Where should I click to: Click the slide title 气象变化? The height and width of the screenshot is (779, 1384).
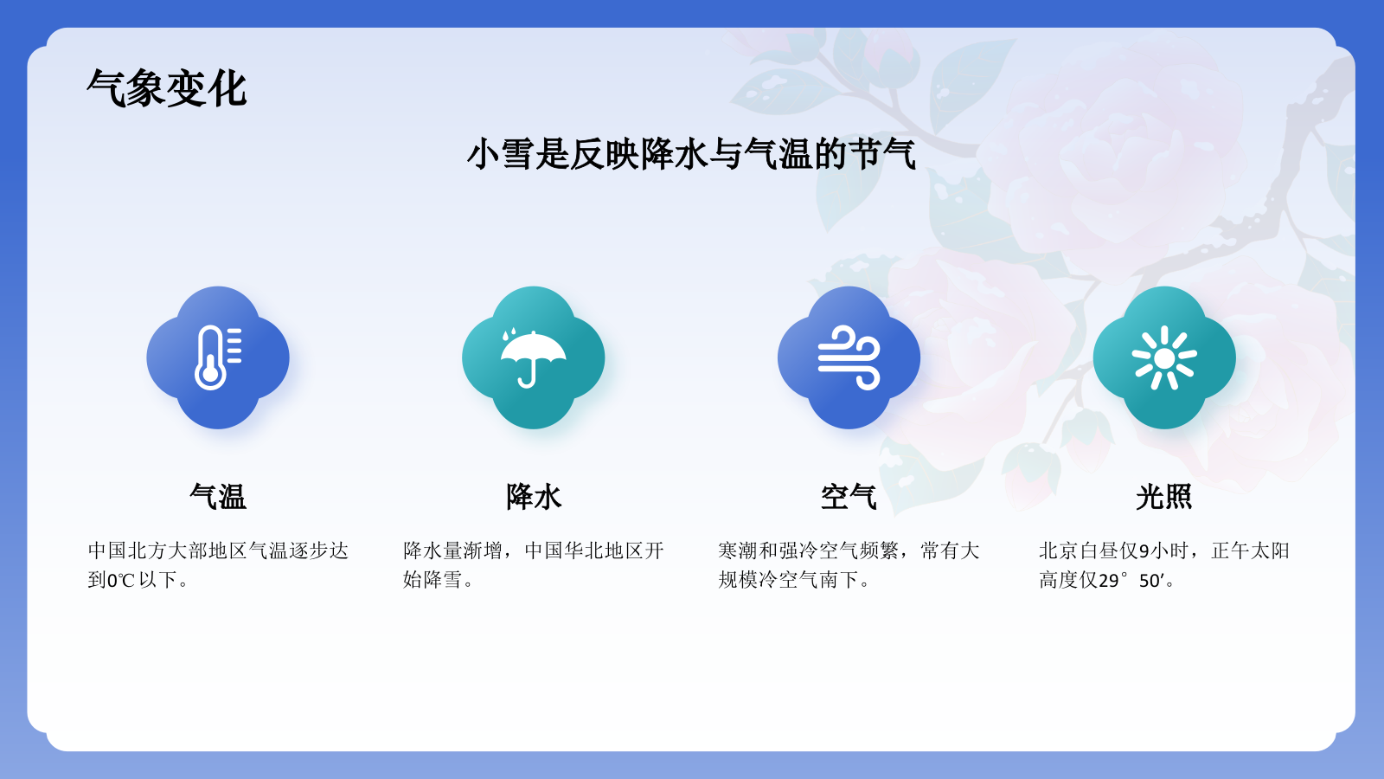167,88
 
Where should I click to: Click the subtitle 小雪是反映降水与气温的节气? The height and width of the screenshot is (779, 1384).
691,154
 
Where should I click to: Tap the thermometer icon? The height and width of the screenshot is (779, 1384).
218,357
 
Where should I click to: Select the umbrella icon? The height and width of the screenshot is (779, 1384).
534,357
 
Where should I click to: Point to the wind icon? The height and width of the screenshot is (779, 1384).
849,357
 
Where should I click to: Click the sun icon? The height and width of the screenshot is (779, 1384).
1164,357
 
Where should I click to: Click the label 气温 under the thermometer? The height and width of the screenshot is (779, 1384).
218,497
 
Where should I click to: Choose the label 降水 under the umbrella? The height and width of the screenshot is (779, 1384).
534,497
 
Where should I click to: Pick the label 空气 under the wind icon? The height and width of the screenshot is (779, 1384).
849,497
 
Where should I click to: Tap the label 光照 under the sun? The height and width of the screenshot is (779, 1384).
1164,497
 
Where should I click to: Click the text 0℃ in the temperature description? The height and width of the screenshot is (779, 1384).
120,580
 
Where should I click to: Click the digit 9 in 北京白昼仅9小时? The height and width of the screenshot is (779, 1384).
1144,551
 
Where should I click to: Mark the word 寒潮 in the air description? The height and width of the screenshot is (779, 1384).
738,551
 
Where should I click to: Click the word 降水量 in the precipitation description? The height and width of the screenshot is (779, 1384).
432,551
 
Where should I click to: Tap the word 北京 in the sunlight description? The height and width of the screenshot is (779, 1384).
1058,551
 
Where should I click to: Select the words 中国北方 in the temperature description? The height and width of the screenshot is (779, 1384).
127,551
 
